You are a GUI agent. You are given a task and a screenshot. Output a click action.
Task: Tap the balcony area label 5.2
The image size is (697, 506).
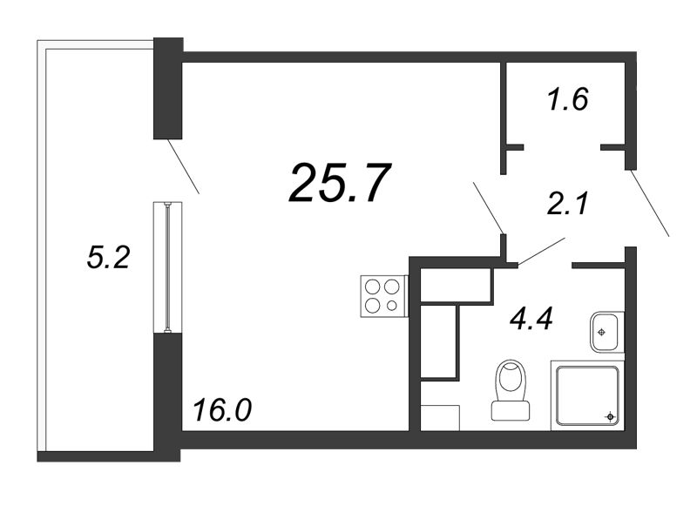(108, 258)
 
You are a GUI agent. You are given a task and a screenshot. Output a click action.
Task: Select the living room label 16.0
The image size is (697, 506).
(222, 409)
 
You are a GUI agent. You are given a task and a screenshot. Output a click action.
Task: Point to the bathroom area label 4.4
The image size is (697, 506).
(531, 319)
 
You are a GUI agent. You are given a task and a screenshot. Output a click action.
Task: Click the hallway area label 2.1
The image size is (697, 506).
(568, 204)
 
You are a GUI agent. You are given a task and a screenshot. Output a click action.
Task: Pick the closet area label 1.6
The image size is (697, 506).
(568, 98)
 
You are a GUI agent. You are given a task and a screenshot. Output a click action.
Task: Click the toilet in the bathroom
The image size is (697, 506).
(511, 390)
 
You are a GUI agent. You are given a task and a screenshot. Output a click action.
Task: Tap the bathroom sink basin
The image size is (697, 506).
(607, 332)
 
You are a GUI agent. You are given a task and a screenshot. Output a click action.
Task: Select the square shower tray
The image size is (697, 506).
(587, 395)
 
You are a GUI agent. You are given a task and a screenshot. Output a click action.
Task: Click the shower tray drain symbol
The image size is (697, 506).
(610, 416)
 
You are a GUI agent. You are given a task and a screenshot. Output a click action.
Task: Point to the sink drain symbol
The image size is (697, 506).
(601, 332)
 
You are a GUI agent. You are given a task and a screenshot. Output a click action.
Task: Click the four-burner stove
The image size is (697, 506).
(383, 296)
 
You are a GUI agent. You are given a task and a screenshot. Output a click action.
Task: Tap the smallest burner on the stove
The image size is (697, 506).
(391, 306)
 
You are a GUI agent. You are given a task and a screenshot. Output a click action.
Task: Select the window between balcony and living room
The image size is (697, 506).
(167, 267)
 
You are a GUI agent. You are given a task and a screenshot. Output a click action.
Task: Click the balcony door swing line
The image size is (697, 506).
(183, 166)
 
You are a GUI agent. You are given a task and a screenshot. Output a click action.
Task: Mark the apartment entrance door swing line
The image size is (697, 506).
(649, 203)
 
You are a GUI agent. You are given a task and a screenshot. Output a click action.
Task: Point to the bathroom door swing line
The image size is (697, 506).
(541, 252)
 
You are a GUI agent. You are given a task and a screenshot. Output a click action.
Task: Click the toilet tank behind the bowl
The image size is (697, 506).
(511, 411)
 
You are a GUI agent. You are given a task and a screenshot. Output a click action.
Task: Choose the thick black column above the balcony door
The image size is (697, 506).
(168, 89)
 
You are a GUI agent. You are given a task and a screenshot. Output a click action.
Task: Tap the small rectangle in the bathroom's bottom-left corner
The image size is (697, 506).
(440, 417)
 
